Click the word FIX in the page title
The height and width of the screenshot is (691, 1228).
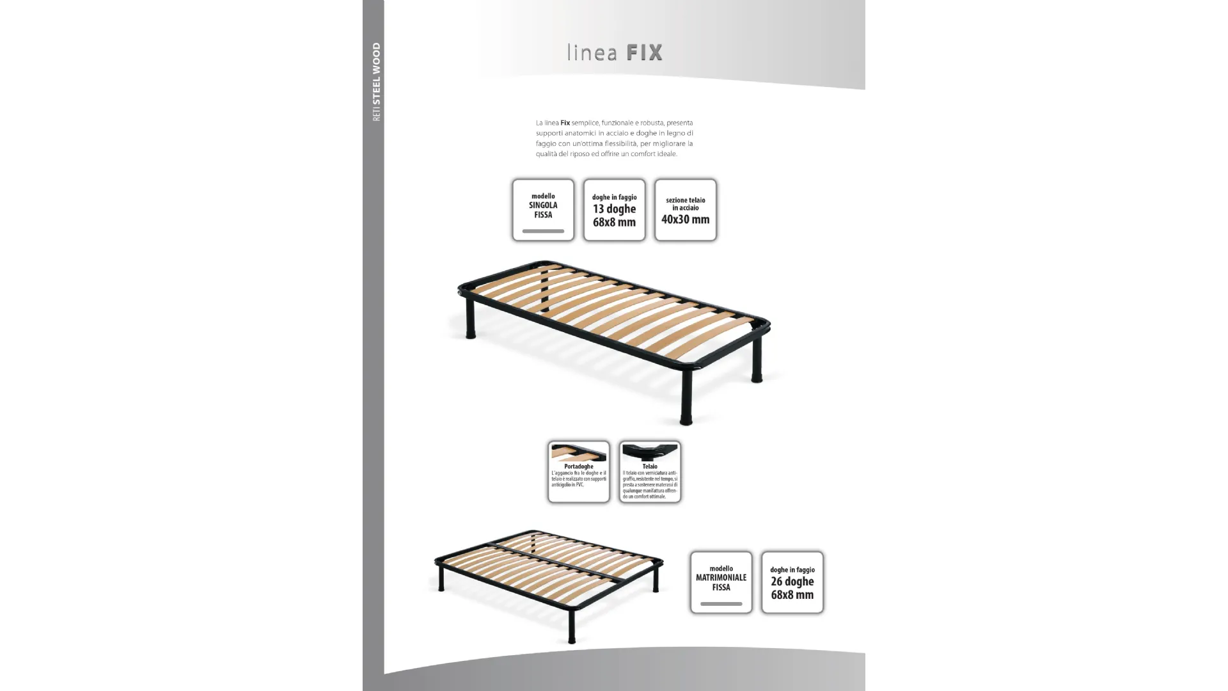644,52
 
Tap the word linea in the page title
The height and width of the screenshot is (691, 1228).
592,53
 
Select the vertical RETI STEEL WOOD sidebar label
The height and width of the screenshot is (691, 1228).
376,82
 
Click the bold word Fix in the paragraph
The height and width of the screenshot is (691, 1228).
565,123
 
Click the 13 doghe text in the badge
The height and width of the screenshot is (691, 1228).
614,209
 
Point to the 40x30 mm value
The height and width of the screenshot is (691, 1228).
685,219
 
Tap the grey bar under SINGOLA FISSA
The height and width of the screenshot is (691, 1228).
543,231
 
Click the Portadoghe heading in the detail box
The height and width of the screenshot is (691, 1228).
578,466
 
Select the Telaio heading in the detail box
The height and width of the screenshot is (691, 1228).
650,466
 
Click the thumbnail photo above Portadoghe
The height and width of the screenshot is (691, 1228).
578,452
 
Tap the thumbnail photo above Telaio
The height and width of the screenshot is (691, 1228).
650,452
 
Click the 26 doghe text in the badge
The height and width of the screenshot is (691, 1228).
792,582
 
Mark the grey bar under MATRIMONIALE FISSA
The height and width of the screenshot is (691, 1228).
721,603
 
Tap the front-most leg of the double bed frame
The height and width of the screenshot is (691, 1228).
571,627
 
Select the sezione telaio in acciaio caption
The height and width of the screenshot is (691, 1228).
685,204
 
